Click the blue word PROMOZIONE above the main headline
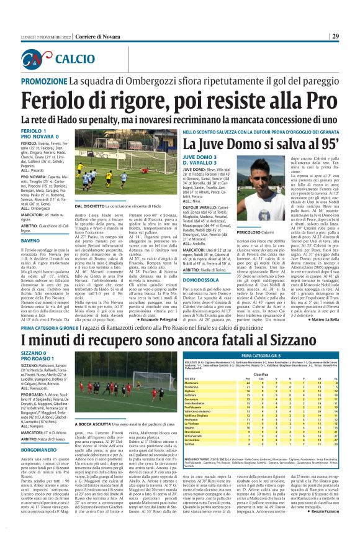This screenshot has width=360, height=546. (x=45, y=81)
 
